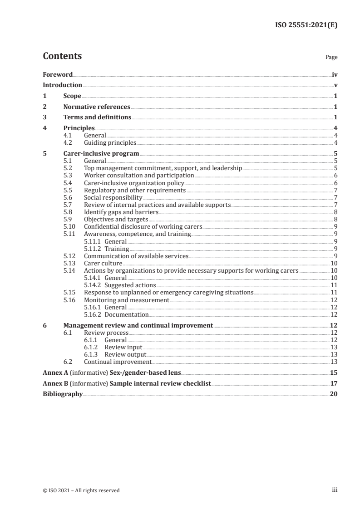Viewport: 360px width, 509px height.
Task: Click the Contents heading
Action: [62, 56]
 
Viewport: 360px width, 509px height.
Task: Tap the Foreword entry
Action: [58, 74]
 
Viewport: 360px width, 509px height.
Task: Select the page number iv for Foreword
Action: [334, 74]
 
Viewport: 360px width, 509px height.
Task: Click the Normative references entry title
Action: [97, 107]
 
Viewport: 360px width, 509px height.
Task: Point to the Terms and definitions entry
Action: [97, 117]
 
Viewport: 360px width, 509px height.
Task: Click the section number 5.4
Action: [68, 183]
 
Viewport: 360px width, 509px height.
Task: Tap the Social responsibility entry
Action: [113, 198]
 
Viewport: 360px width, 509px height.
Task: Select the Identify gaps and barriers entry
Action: [122, 212]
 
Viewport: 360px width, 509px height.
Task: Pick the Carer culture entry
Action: [103, 263]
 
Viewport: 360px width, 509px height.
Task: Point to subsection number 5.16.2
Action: [93, 314]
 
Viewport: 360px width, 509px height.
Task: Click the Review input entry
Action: [123, 347]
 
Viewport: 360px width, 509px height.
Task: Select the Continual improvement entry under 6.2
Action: [118, 362]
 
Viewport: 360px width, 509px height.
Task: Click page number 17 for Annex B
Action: [334, 384]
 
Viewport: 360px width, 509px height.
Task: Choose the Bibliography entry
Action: [63, 394]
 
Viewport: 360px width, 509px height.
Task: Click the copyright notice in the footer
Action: [81, 490]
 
